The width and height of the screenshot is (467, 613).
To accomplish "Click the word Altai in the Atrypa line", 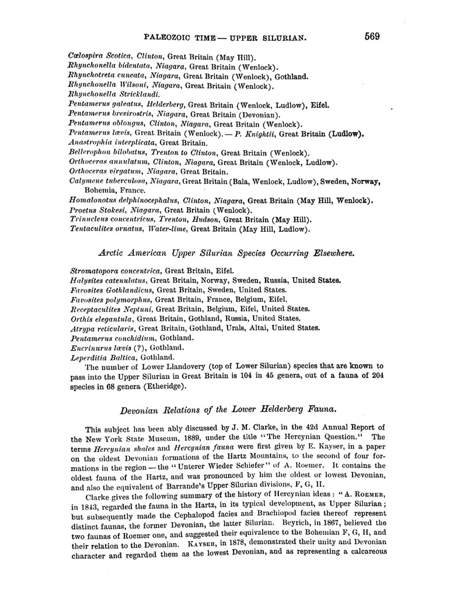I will coord(257,328).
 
